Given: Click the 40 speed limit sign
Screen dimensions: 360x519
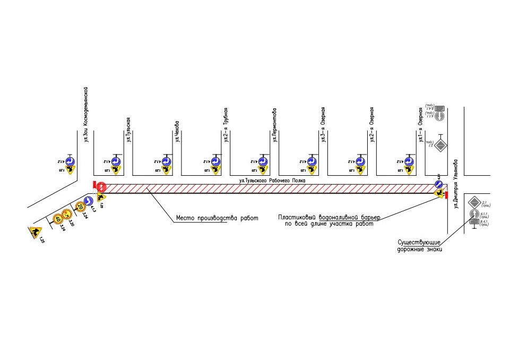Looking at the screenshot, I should pos(58,218).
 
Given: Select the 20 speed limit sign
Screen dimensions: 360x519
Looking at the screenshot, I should pos(80,207).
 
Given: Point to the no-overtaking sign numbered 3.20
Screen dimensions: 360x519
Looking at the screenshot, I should pos(67,213).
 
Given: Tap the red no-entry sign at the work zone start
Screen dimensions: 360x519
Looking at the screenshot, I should pos(101,187).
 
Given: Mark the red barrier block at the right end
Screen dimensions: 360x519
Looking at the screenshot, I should pos(447,196).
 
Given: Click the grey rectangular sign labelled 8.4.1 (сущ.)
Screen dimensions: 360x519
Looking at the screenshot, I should pos(473,224).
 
